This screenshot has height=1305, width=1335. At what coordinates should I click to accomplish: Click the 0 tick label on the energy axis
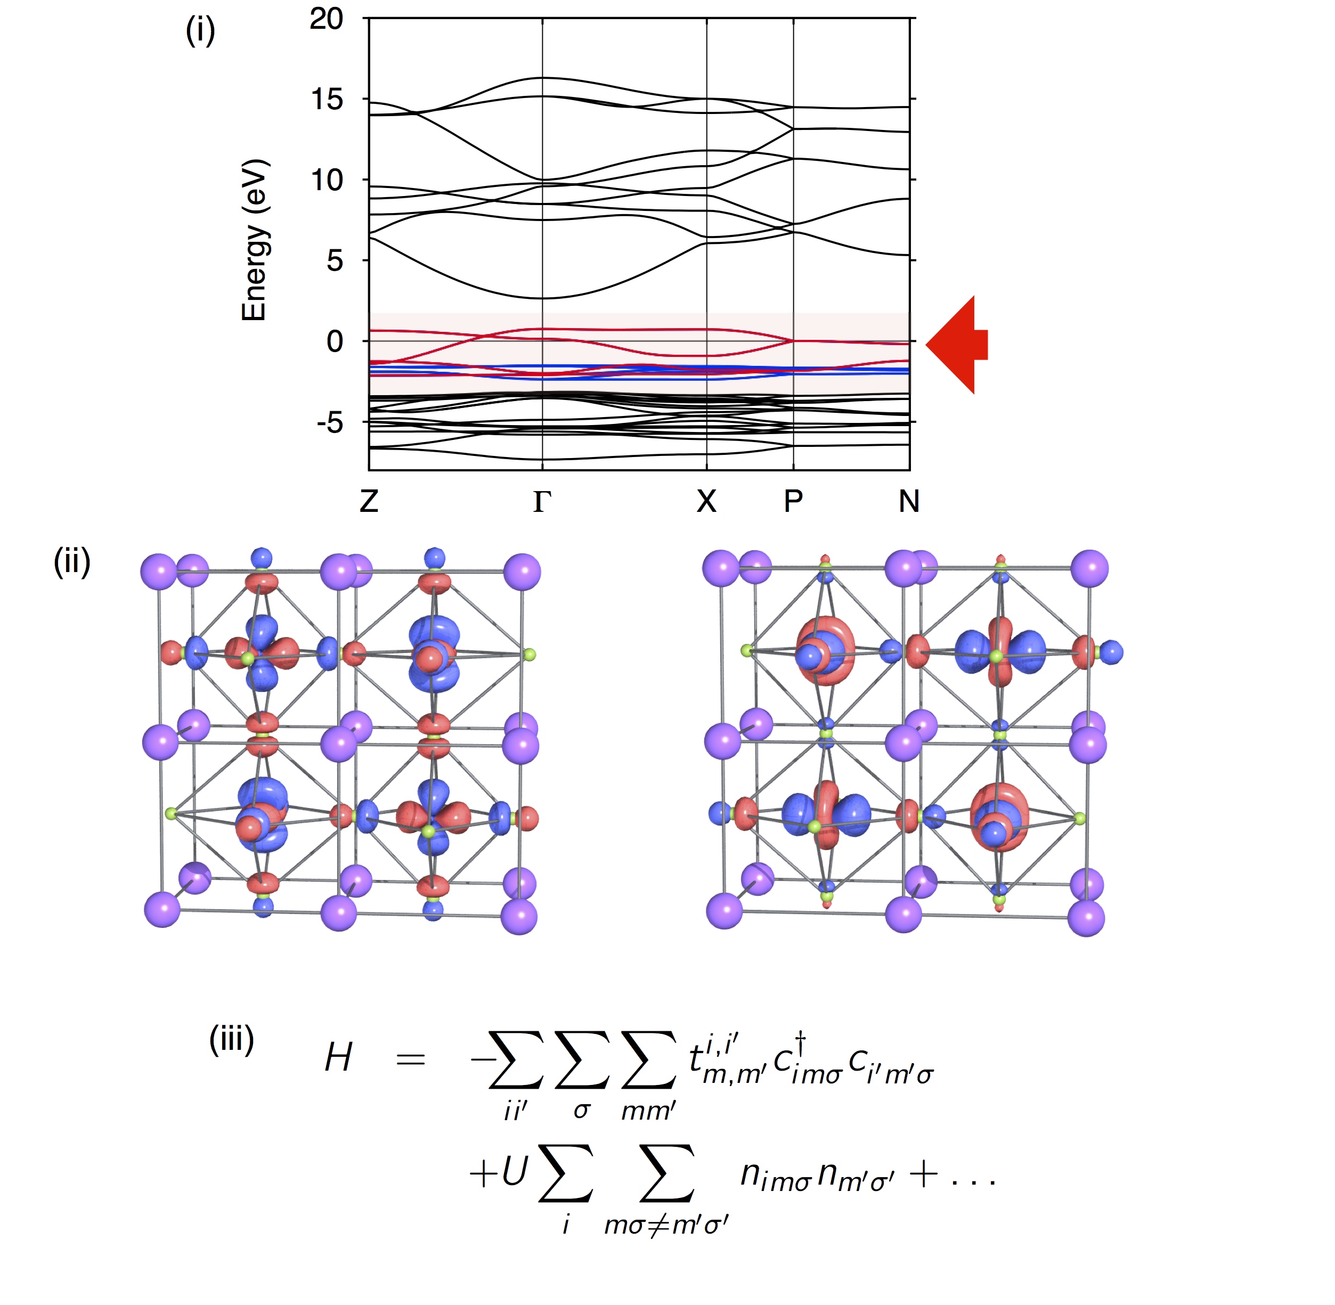[x=335, y=341]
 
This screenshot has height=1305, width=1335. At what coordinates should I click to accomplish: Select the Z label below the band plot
[x=369, y=502]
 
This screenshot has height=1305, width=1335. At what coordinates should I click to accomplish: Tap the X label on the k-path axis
[x=706, y=502]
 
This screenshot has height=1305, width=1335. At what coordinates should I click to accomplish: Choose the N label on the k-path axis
[x=909, y=502]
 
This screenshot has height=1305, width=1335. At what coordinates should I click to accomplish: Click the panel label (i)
[x=200, y=31]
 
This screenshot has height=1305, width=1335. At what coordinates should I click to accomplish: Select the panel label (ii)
[x=72, y=562]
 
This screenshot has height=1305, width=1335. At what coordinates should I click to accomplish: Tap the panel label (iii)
[x=231, y=1040]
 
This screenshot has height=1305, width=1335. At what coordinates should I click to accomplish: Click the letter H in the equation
[x=339, y=1057]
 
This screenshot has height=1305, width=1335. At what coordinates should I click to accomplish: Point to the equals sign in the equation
[x=411, y=1059]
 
